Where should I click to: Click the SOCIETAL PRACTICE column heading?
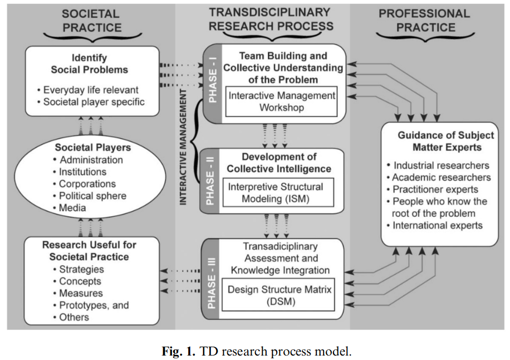[x=91, y=21]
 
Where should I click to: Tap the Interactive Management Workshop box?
[x=282, y=101]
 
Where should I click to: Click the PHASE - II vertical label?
[x=211, y=181]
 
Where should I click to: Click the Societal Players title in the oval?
[x=93, y=148]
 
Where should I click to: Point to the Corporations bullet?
[x=87, y=184]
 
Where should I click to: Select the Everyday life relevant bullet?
[x=91, y=90]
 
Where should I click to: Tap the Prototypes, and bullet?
[x=94, y=305]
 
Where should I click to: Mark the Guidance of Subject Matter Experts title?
[x=439, y=142]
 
